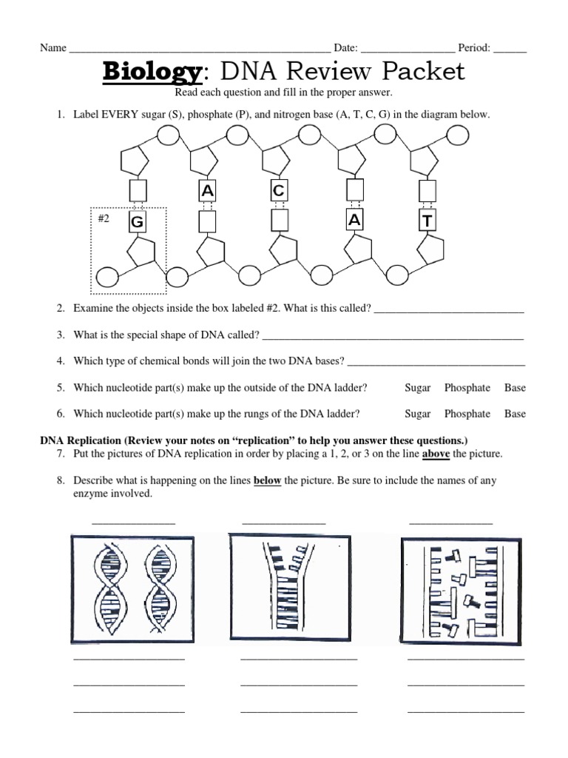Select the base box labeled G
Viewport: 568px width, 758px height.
click(136, 222)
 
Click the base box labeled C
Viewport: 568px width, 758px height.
click(278, 191)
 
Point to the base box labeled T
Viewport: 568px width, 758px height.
click(427, 221)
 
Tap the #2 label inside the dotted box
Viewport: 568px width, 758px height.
click(104, 219)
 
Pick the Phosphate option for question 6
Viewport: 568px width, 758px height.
click(467, 414)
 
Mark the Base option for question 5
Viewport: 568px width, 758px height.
click(515, 388)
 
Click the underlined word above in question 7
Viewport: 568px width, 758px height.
click(436, 454)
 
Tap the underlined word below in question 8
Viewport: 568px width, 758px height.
click(267, 480)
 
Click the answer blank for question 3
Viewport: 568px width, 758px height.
click(393, 336)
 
